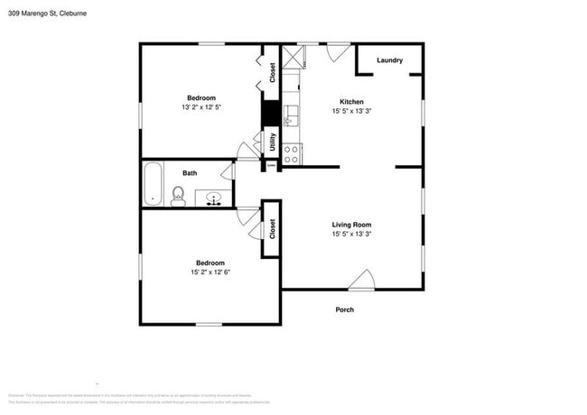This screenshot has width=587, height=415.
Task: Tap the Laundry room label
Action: pos(389,60)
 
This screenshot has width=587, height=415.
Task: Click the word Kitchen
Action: pos(351,101)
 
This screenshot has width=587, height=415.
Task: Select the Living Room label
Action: pos(351,225)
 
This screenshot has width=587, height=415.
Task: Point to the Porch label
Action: pos(344,309)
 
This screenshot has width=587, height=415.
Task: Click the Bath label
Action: pos(190,172)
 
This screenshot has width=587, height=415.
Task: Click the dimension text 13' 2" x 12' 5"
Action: pos(201,107)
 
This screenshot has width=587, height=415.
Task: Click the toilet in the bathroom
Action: pos(178,196)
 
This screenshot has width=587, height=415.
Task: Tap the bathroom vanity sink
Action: pos(215,198)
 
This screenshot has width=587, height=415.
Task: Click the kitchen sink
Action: pos(290,115)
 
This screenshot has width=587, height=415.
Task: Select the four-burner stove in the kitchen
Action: pos(291,154)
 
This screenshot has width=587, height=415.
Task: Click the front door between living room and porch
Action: pos(361,281)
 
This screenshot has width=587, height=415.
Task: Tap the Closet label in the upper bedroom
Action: pos(271,72)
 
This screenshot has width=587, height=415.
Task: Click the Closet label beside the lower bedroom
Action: pos(271,229)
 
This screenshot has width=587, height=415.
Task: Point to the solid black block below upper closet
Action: pos(269,113)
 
